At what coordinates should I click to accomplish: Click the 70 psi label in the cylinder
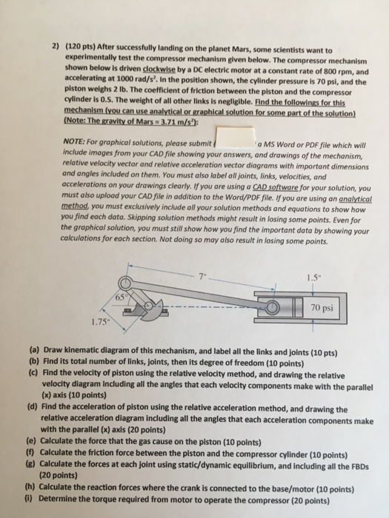pyautogui.click(x=322, y=308)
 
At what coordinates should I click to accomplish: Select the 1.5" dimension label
pyautogui.click(x=314, y=277)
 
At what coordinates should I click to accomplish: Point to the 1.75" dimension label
pyautogui.click(x=100, y=322)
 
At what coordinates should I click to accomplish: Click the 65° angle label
pyautogui.click(x=121, y=297)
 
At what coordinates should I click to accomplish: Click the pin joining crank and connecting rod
pyautogui.click(x=126, y=283)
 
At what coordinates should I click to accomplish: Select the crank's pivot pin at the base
pyautogui.click(x=149, y=306)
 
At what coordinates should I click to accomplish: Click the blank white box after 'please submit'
pyautogui.click(x=235, y=137)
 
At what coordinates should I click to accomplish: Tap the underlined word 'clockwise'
pyautogui.click(x=159, y=70)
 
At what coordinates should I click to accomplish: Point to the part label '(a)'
pyautogui.click(x=34, y=350)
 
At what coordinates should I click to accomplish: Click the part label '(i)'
pyautogui.click(x=30, y=498)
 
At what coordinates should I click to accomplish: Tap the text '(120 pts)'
pyautogui.click(x=81, y=47)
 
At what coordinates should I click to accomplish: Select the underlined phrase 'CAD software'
pyautogui.click(x=275, y=188)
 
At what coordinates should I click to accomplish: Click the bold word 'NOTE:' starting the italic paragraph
pyautogui.click(x=73, y=141)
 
